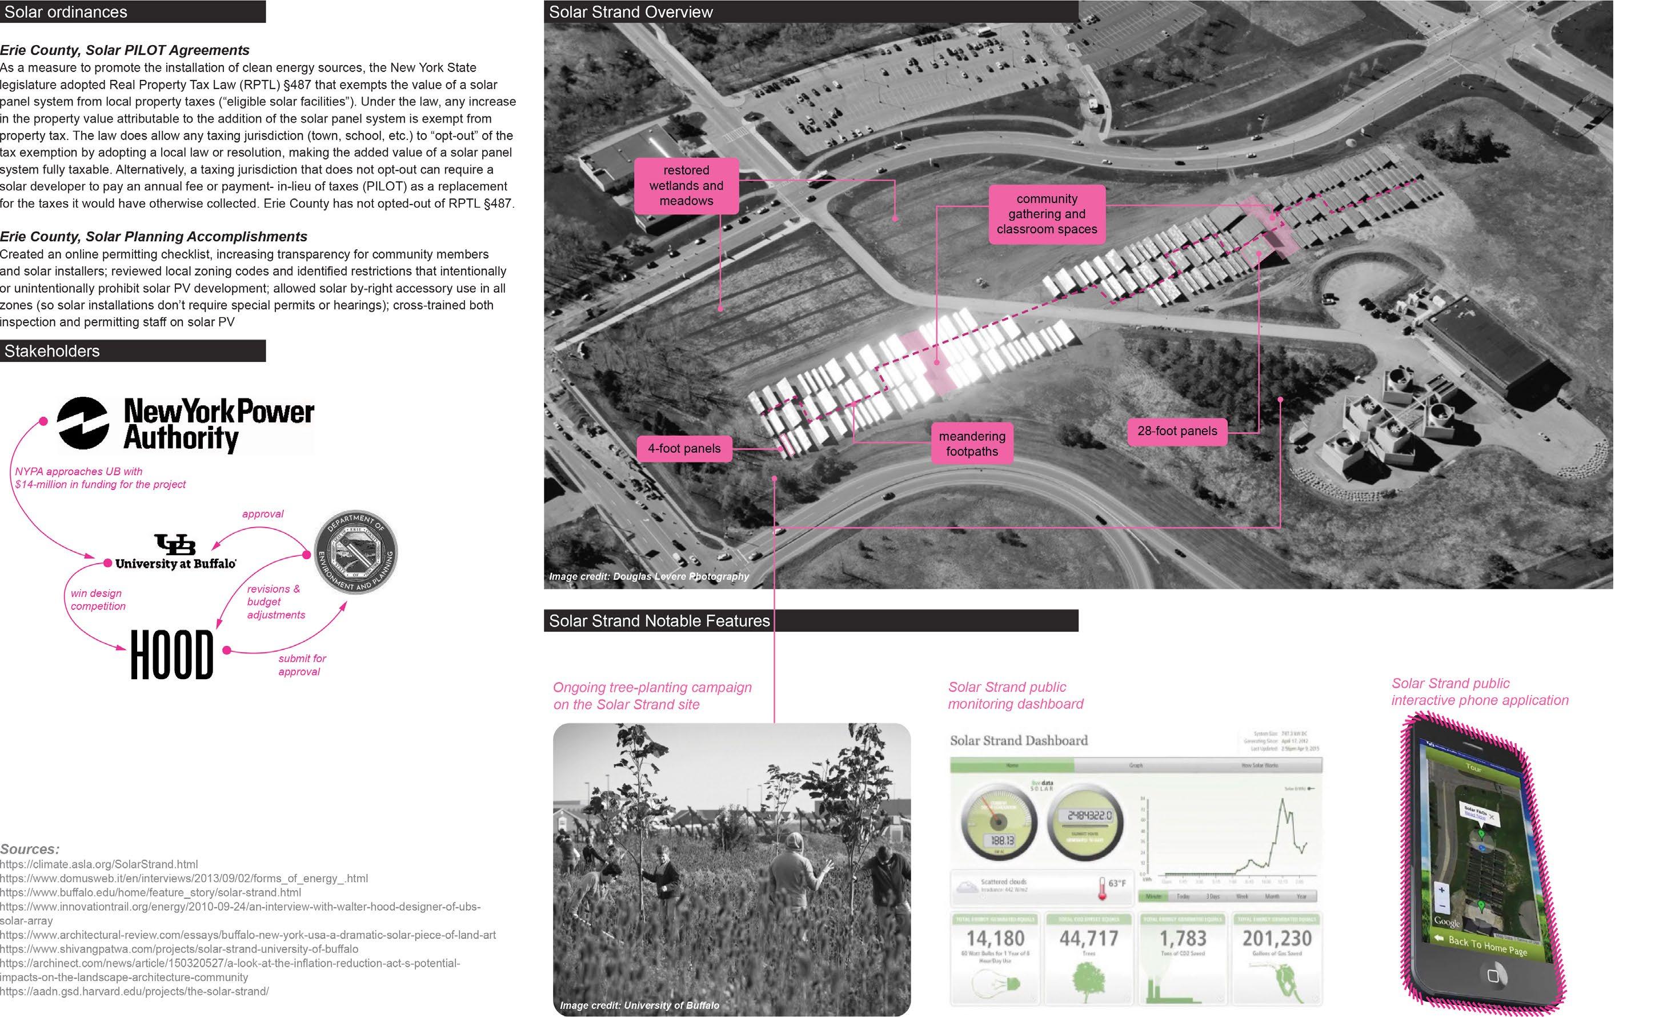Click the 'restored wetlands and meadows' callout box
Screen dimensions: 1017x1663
coord(686,186)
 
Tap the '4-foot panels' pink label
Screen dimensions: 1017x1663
coord(684,448)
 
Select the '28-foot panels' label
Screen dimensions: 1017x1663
coord(1176,431)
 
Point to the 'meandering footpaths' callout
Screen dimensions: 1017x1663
coord(971,444)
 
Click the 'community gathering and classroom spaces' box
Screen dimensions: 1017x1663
coord(1046,214)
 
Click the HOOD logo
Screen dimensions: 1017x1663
coord(171,655)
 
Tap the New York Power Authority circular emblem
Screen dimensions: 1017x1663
coord(83,424)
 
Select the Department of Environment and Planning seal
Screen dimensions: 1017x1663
coord(356,552)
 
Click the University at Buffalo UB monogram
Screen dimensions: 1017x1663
coord(175,544)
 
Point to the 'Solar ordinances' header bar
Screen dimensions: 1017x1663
coord(133,12)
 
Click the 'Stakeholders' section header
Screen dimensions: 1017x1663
coord(133,351)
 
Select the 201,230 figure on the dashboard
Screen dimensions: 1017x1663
coord(1276,938)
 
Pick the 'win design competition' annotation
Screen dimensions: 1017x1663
coord(98,600)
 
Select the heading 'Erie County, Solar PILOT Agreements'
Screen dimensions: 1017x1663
coord(125,50)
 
